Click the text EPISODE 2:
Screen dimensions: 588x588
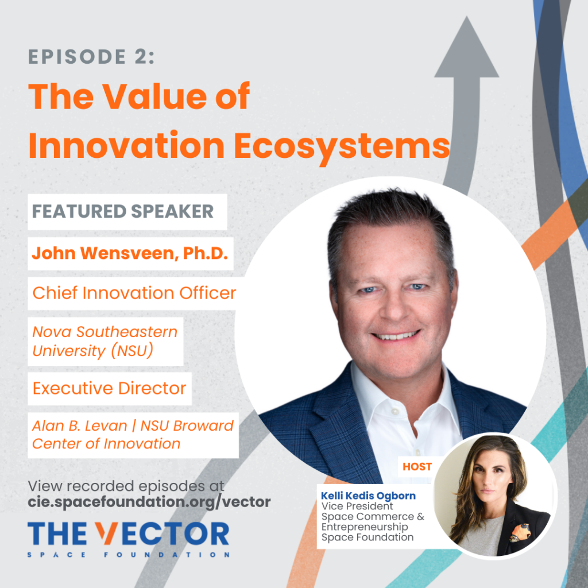91,57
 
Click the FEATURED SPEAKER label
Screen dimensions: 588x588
122,211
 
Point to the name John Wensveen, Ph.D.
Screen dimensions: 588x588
130,253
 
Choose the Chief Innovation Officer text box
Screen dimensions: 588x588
134,293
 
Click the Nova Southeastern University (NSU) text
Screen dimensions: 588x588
105,341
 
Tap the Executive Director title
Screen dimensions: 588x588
109,388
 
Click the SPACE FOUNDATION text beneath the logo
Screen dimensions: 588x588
129,555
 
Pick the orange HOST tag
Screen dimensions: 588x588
417,466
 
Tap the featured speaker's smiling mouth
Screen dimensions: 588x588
395,335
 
